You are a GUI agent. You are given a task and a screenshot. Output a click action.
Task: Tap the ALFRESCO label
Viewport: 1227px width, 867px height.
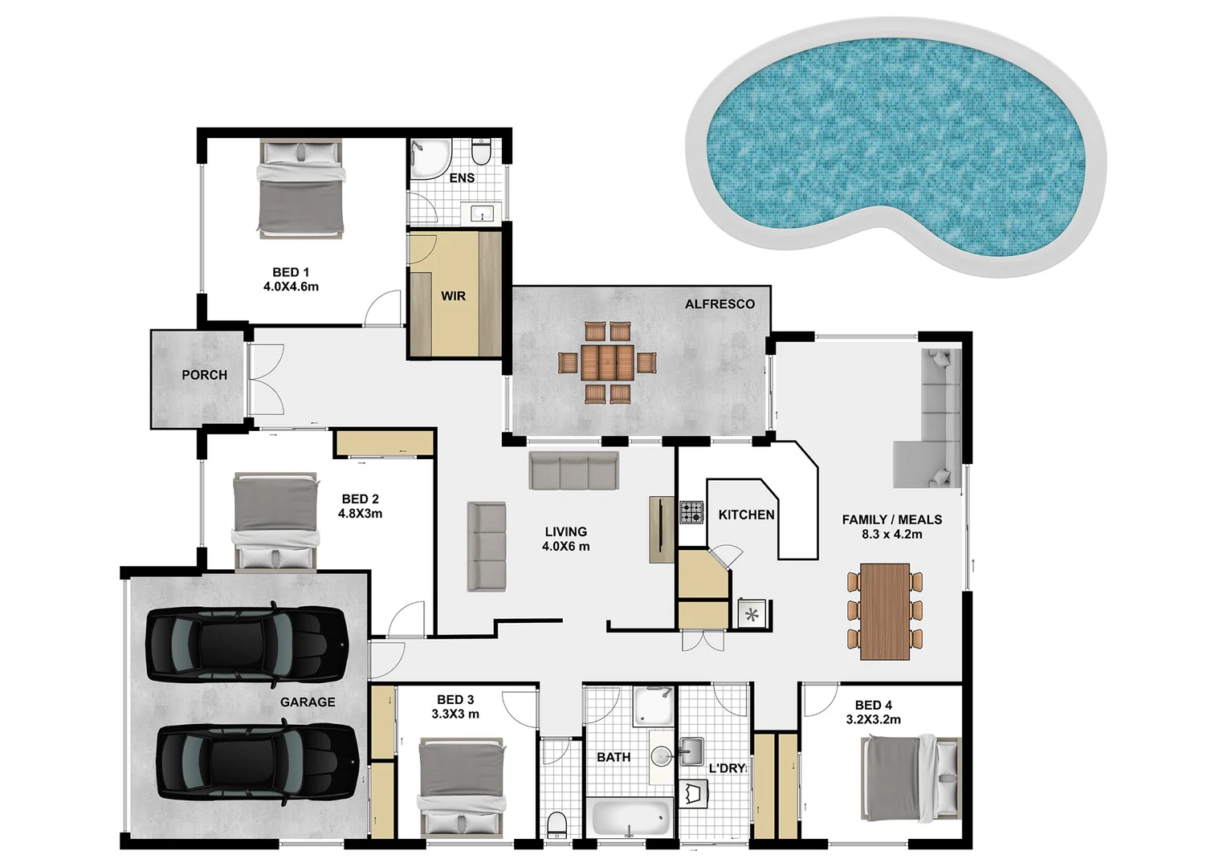click(x=719, y=304)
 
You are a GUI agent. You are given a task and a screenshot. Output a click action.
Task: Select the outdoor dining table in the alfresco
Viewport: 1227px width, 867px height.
click(x=608, y=363)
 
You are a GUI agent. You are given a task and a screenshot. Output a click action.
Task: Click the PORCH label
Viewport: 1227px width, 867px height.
click(x=204, y=375)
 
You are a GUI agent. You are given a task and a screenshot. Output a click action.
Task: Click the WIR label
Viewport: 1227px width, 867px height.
click(x=453, y=296)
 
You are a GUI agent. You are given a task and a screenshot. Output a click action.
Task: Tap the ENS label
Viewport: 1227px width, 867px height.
click(x=462, y=178)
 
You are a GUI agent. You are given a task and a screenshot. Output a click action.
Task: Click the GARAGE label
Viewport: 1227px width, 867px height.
click(x=308, y=702)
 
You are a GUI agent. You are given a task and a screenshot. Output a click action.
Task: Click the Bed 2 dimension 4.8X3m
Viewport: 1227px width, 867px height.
click(x=360, y=514)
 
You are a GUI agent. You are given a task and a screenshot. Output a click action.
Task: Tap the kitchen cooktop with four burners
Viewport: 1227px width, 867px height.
click(x=691, y=512)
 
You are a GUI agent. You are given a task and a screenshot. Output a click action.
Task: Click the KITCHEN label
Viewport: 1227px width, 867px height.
click(x=746, y=515)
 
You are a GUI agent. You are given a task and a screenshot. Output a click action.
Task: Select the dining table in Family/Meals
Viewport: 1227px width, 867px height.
click(x=884, y=611)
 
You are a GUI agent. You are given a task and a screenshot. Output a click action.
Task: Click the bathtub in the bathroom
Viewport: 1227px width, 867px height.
click(x=631, y=818)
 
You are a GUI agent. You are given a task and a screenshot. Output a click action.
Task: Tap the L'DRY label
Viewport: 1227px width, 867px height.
click(x=728, y=768)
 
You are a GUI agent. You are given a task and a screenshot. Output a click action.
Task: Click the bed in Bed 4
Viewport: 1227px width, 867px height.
click(x=911, y=779)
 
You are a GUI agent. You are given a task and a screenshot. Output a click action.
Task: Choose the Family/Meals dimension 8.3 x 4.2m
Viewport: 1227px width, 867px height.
click(x=891, y=535)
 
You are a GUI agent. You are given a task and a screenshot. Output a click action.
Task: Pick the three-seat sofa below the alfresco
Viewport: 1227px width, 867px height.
click(x=573, y=470)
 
